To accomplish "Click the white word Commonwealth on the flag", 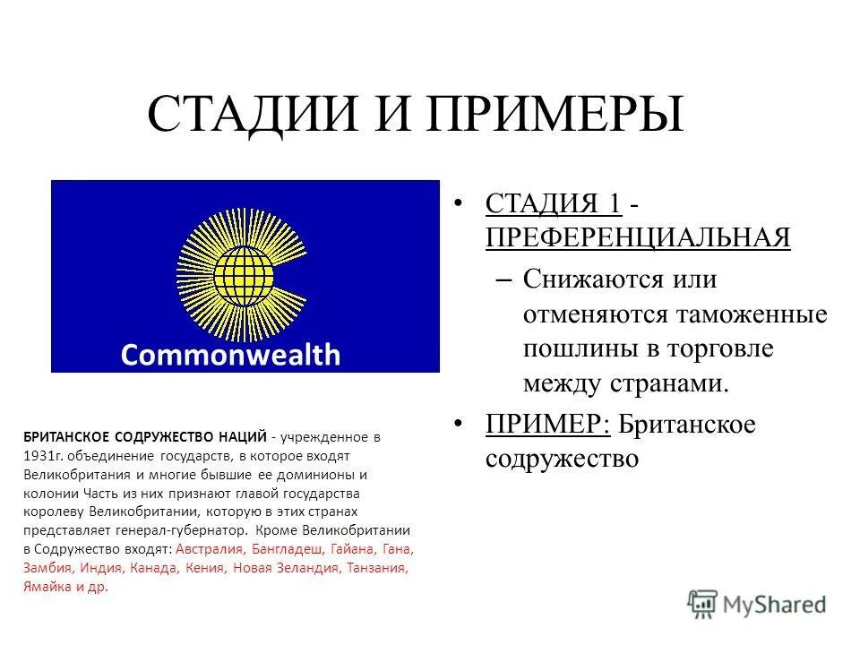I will [x=230, y=356].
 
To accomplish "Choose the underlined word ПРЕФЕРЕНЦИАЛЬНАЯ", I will [x=638, y=237].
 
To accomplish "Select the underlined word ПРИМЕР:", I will [x=548, y=424].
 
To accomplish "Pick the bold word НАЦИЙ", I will [x=242, y=437].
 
